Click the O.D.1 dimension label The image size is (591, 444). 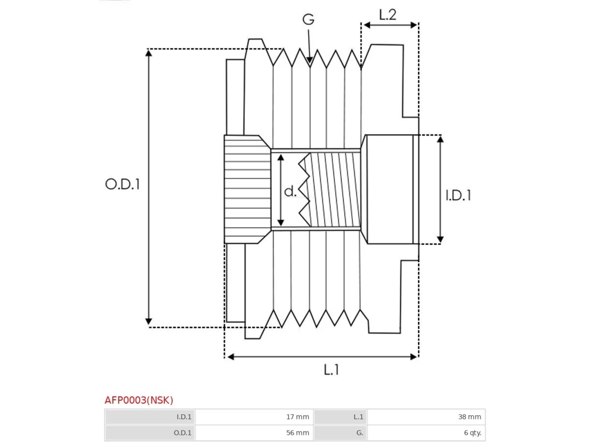[122, 184]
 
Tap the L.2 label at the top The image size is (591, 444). [388, 15]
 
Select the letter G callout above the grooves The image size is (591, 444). [308, 19]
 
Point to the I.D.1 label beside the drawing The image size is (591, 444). [458, 196]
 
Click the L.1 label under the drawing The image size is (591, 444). [331, 370]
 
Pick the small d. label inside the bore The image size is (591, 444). [290, 191]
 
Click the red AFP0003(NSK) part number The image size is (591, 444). [139, 401]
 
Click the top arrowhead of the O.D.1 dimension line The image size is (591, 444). [148, 53]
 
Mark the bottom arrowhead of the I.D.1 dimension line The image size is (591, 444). [440, 240]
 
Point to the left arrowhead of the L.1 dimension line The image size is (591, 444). [230, 357]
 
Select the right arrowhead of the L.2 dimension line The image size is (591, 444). [414, 25]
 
